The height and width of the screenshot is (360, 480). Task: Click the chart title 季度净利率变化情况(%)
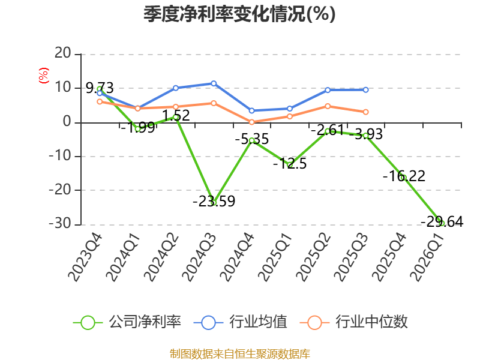[x=239, y=14]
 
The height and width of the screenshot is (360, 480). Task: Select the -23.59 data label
[x=214, y=201]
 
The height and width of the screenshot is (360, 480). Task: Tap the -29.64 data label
[x=442, y=221]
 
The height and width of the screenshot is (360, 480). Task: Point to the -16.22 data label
[x=404, y=176]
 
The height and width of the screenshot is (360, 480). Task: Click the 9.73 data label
[x=100, y=88]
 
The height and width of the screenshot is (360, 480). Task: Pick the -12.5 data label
[x=290, y=163]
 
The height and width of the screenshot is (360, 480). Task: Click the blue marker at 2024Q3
[x=214, y=83]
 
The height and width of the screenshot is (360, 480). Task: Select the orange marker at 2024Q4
[x=251, y=122]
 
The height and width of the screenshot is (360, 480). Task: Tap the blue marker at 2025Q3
[x=365, y=90]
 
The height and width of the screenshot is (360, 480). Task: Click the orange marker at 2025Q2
[x=328, y=106]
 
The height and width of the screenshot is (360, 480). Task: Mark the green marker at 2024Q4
[x=251, y=140]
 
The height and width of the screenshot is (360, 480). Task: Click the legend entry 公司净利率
[x=127, y=322]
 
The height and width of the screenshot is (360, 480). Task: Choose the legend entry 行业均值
[x=241, y=322]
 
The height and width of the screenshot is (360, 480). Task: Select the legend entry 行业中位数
[x=354, y=322]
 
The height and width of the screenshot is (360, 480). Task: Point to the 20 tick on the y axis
[x=63, y=53]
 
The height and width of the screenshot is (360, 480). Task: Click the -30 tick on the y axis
[x=60, y=224]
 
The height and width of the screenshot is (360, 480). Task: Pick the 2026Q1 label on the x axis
[x=427, y=257]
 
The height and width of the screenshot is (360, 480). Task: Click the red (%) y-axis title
[x=43, y=76]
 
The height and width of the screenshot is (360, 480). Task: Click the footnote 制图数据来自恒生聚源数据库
[x=239, y=354]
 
